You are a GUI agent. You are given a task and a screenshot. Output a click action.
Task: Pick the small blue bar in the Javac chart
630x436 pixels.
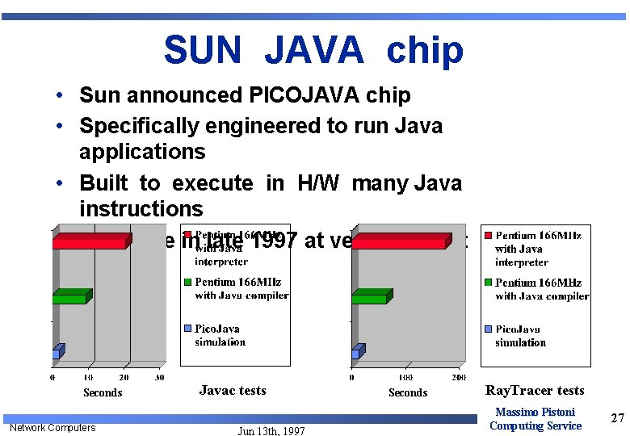57,352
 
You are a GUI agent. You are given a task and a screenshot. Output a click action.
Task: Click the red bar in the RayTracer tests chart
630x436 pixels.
401,241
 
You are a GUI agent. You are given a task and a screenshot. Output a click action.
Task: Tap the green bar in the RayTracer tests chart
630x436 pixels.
371,297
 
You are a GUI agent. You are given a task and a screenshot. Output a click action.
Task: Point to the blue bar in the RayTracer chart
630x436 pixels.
355,352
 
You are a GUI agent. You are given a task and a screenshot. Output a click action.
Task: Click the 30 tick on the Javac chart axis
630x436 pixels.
159,377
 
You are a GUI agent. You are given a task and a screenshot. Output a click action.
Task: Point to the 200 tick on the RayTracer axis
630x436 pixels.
459,377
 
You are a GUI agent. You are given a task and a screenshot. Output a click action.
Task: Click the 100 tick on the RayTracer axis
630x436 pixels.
405,377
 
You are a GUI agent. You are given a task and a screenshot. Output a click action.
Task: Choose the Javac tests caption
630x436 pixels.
233,390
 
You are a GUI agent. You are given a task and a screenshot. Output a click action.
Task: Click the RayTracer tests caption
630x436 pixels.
534,391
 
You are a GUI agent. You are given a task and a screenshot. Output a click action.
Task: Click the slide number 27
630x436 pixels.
618,417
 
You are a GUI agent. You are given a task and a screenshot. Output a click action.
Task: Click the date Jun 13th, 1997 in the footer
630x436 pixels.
271,431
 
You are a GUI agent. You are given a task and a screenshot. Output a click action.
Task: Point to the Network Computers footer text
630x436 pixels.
52,427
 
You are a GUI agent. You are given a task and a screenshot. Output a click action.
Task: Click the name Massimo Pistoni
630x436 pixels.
535,413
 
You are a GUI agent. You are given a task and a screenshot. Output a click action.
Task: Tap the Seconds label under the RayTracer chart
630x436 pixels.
408,392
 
